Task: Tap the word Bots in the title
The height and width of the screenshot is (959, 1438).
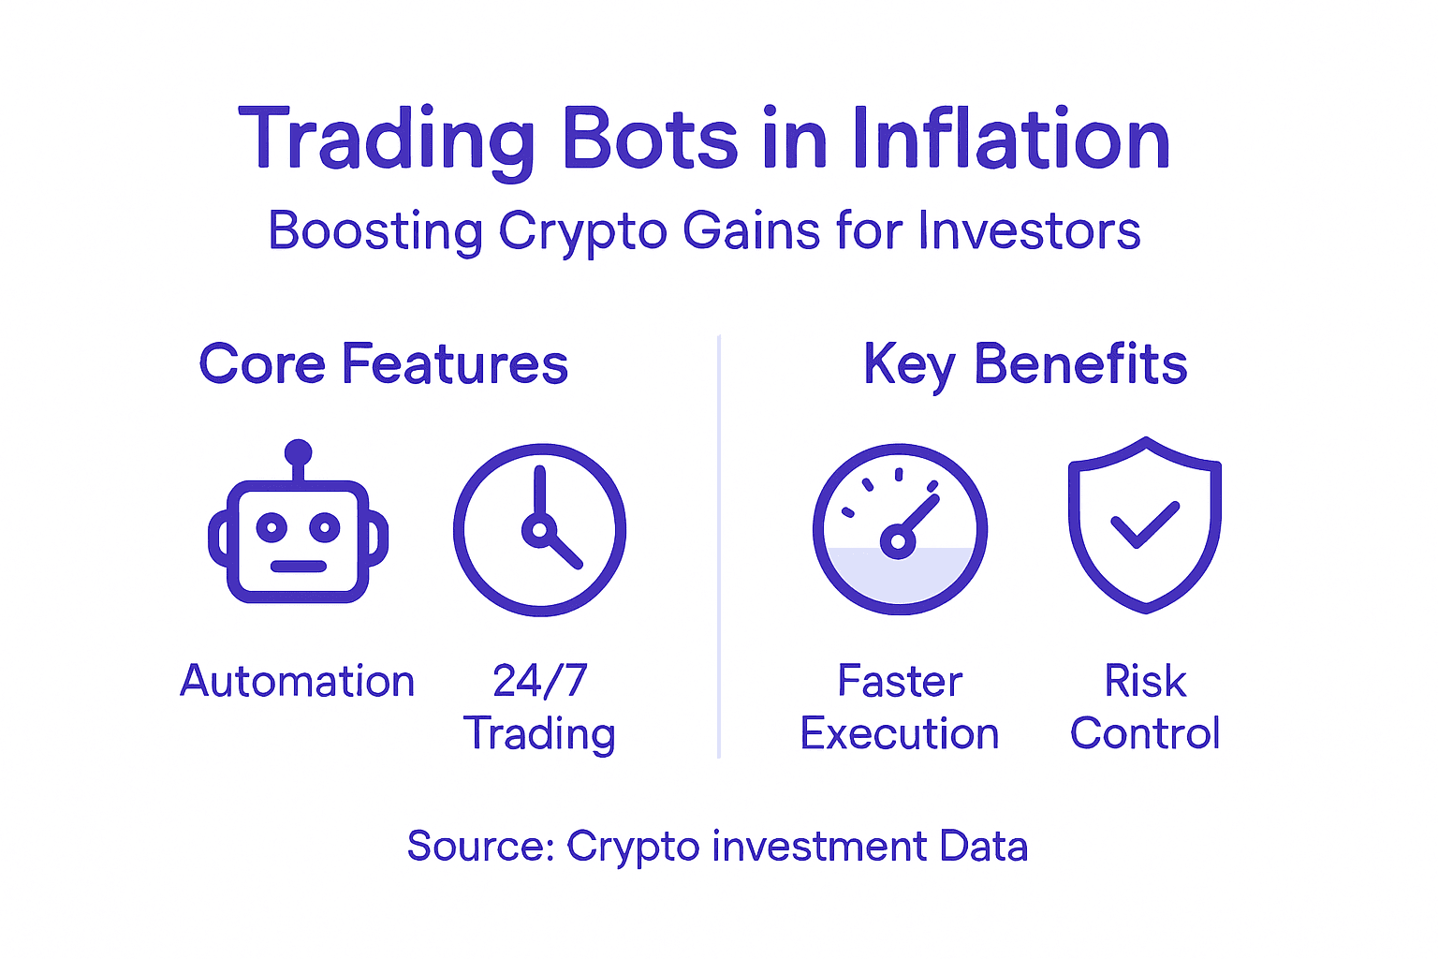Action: coord(649,139)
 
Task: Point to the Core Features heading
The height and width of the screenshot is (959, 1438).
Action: coord(383,364)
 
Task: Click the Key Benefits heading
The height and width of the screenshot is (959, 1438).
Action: coord(1025,364)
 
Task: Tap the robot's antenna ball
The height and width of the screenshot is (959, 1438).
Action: coord(298,452)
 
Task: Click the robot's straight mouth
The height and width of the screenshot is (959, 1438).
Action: coord(298,566)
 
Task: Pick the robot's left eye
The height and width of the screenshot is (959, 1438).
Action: coord(271,527)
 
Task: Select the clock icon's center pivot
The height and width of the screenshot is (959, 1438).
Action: coord(538,530)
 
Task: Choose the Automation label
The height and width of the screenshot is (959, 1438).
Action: coord(297,681)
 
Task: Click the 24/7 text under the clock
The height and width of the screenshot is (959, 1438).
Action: coord(540,681)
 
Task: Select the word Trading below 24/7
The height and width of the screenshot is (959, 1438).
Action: coord(540,733)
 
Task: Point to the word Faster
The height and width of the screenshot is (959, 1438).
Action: coord(900,681)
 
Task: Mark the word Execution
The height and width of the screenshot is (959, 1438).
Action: coord(900,733)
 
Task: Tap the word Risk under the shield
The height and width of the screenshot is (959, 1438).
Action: coord(1145,681)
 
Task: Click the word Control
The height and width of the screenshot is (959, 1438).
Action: coord(1145,733)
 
